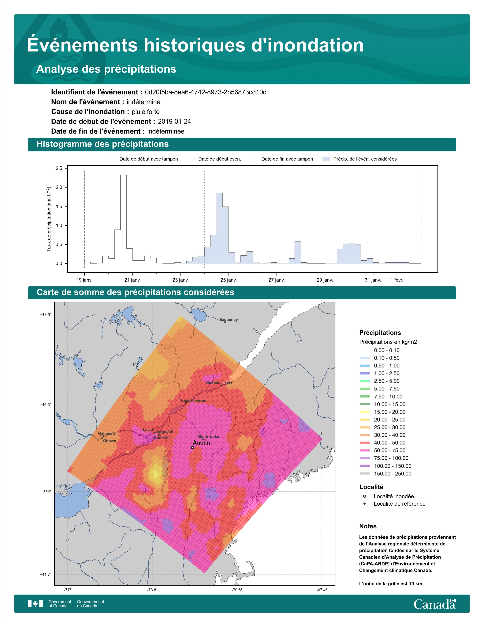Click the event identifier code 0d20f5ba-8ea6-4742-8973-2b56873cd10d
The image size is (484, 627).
[206, 92]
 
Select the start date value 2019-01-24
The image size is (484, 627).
[174, 121]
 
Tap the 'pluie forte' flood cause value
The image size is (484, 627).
[146, 112]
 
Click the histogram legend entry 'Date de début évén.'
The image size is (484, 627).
[214, 159]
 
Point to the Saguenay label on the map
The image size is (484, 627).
[229, 320]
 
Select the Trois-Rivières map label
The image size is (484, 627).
[193, 401]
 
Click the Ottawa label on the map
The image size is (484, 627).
[110, 441]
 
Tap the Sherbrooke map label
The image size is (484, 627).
[208, 436]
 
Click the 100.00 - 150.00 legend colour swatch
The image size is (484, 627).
[364, 466]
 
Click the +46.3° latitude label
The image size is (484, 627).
[46, 405]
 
